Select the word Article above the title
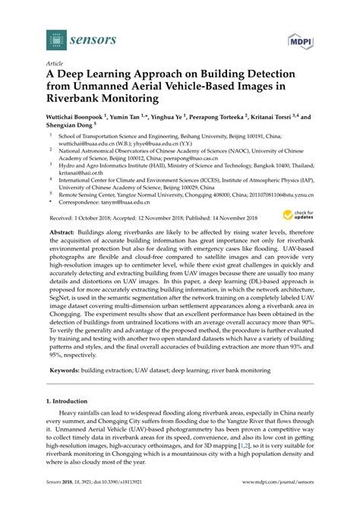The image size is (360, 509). pyautogui.click(x=55, y=64)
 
